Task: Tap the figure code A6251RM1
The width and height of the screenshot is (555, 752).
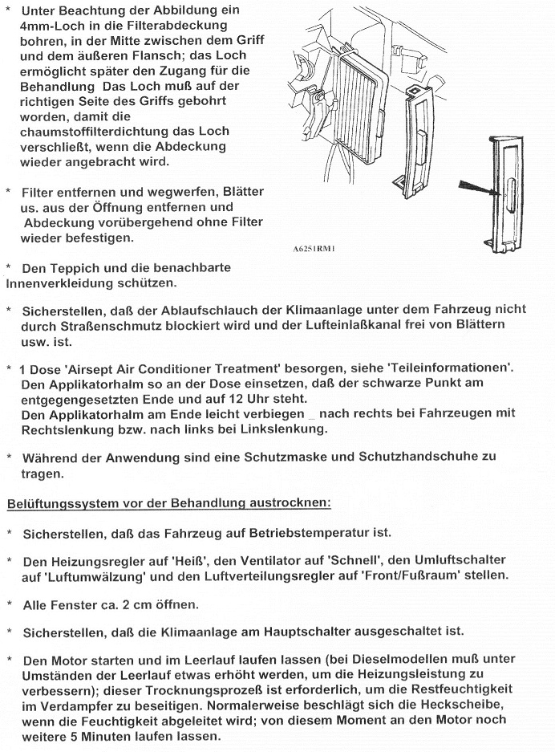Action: point(312,249)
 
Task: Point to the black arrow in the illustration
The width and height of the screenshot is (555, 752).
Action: point(486,193)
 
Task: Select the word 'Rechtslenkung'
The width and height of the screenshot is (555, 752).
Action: point(67,429)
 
